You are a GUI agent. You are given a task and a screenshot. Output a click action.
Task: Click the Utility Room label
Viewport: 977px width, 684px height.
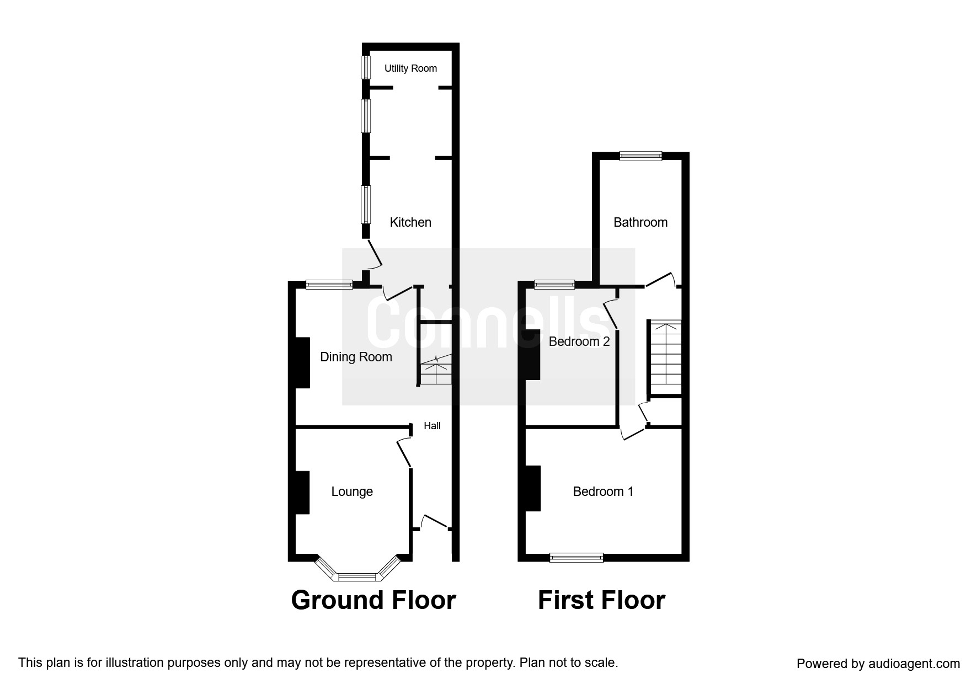[410, 68]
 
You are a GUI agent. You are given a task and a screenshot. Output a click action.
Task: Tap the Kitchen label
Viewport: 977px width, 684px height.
[410, 222]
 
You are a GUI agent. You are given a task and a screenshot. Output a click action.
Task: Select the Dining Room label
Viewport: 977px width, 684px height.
[356, 357]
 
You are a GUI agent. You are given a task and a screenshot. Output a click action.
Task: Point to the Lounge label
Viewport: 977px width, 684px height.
[352, 491]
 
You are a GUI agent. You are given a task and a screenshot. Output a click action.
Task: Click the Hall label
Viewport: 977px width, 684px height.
[432, 426]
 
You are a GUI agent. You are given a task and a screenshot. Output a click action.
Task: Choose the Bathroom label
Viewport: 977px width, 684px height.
[640, 222]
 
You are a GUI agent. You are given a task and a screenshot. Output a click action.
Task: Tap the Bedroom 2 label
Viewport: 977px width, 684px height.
[579, 341]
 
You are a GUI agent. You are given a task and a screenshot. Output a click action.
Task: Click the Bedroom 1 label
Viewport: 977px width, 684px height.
[603, 491]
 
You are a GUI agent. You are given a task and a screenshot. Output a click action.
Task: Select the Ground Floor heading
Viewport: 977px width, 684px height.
[373, 600]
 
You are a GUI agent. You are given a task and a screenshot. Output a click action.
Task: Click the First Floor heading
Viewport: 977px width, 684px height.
[601, 600]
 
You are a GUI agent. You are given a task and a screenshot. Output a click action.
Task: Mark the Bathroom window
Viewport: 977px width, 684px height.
[640, 156]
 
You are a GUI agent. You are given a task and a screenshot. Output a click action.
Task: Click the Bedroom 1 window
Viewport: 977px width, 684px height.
[576, 558]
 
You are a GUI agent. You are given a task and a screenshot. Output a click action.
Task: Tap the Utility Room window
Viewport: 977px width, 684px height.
[365, 67]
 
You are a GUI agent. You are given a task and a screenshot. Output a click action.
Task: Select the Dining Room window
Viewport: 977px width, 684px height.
[329, 285]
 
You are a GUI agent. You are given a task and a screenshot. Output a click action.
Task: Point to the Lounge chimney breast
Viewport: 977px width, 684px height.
[302, 492]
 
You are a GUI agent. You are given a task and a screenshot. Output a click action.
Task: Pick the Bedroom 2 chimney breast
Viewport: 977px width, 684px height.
[532, 354]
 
